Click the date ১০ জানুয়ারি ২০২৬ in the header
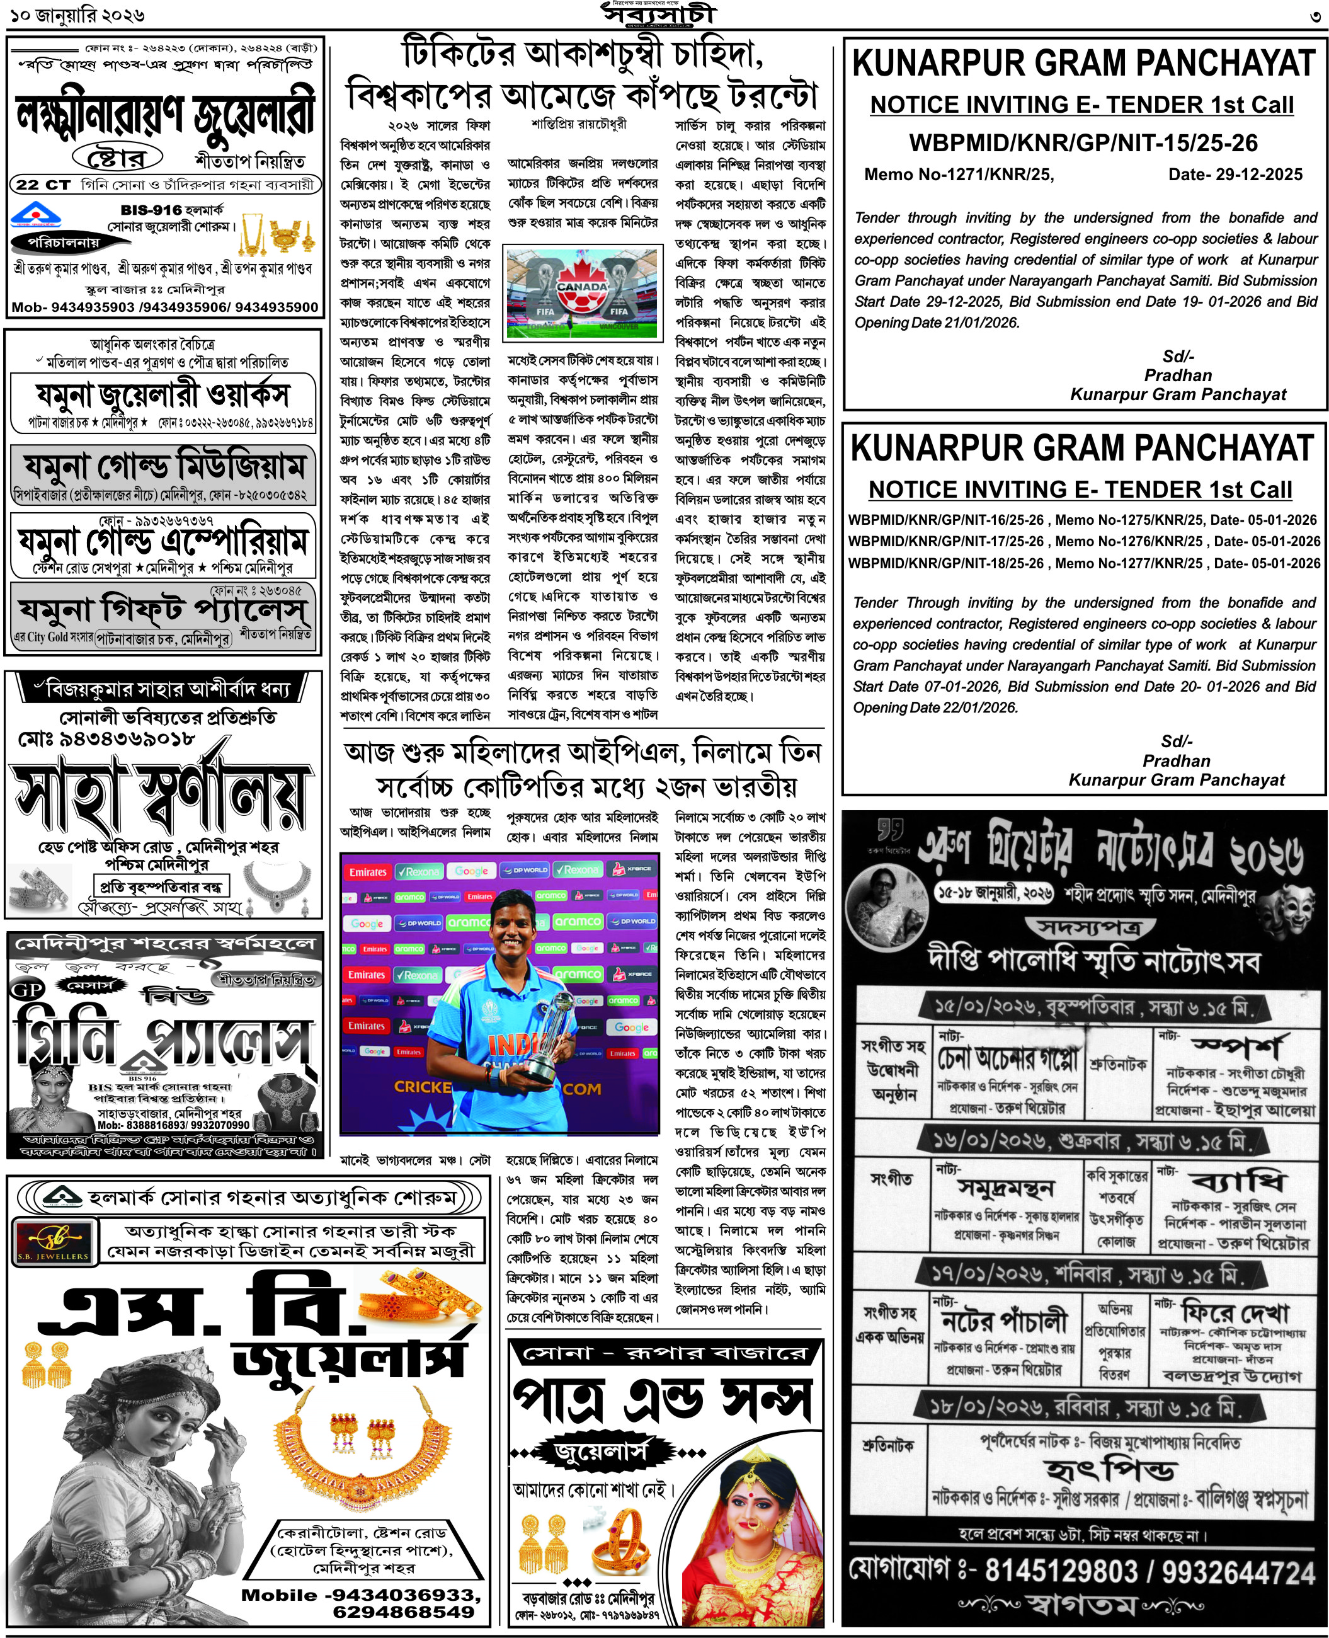(x=77, y=14)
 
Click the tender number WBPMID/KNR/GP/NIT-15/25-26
(x=1083, y=142)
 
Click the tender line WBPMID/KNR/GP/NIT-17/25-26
(x=945, y=541)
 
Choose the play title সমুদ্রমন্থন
(x=1005, y=1188)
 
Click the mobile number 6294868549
(x=404, y=1611)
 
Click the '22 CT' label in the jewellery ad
(x=43, y=185)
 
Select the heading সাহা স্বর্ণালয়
(x=161, y=796)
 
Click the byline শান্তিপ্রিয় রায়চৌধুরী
(x=579, y=124)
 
